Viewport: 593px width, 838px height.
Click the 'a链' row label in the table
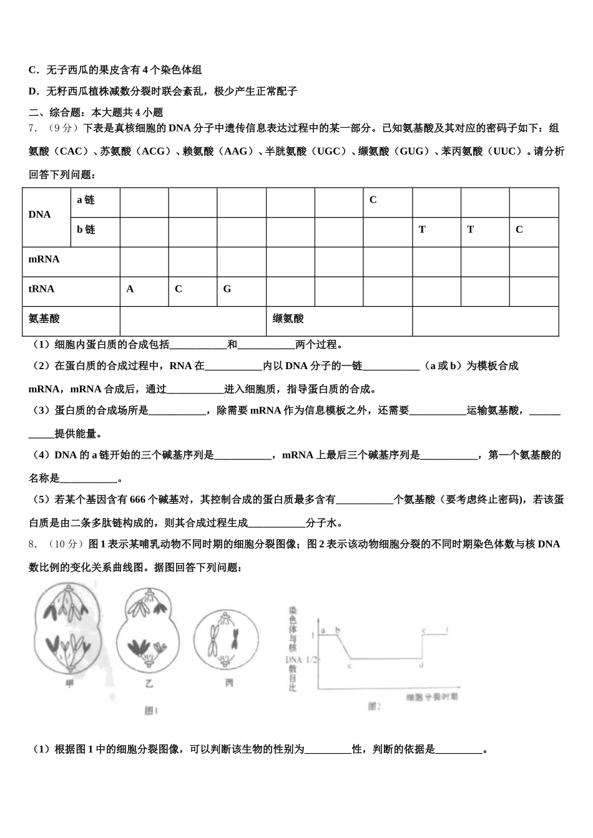86,200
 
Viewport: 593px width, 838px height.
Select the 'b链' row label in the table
86,230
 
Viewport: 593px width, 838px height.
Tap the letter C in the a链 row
373,200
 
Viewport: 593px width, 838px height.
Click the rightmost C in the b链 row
519,230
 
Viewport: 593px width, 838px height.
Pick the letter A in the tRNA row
130,289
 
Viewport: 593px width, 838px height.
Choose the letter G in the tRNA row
227,289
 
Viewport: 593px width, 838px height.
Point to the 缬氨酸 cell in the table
288,319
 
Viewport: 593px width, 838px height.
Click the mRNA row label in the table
44,259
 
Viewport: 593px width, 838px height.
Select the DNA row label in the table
39,214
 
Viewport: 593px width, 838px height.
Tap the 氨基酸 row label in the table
44,319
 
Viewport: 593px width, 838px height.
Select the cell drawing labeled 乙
149,630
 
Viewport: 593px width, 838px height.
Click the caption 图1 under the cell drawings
151,711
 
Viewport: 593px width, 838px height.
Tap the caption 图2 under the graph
374,706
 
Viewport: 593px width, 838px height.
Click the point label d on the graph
423,666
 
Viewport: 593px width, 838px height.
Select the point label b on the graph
337,630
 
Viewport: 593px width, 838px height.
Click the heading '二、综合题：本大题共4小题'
96,112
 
